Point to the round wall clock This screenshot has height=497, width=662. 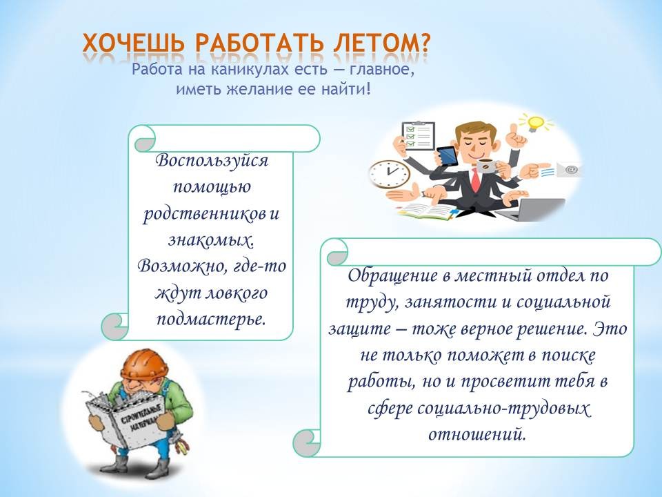pyautogui.click(x=389, y=173)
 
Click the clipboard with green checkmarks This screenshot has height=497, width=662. pyautogui.click(x=419, y=135)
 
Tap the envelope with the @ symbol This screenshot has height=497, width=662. pyautogui.click(x=568, y=170)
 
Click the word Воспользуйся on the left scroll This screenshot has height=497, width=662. pyautogui.click(x=212, y=161)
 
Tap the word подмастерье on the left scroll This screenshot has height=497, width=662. pyautogui.click(x=212, y=319)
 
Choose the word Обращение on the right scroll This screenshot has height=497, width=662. pyautogui.click(x=392, y=275)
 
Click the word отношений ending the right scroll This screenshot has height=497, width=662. pyautogui.click(x=477, y=434)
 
